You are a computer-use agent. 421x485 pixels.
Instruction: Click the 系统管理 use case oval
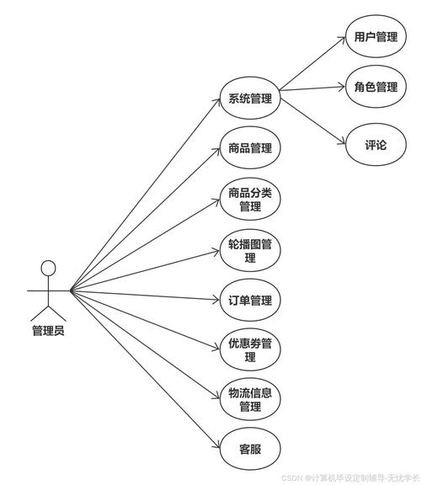(249, 99)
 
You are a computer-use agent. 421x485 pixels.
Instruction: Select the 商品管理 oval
(249, 148)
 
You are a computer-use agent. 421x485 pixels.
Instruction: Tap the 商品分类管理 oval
(249, 200)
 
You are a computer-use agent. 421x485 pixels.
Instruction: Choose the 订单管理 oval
(249, 301)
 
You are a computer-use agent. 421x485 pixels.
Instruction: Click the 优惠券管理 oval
(249, 349)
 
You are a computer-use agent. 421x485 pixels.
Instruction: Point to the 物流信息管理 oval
(249, 399)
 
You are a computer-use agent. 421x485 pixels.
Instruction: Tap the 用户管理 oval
(376, 38)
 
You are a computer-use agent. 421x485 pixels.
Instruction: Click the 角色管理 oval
(376, 87)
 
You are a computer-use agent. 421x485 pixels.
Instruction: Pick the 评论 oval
(376, 145)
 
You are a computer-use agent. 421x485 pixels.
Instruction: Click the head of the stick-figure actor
(49, 269)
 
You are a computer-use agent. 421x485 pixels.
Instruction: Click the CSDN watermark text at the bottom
(349, 477)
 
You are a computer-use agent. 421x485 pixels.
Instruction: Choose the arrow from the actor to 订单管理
(143, 296)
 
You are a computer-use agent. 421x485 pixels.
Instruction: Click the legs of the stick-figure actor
(48, 308)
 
